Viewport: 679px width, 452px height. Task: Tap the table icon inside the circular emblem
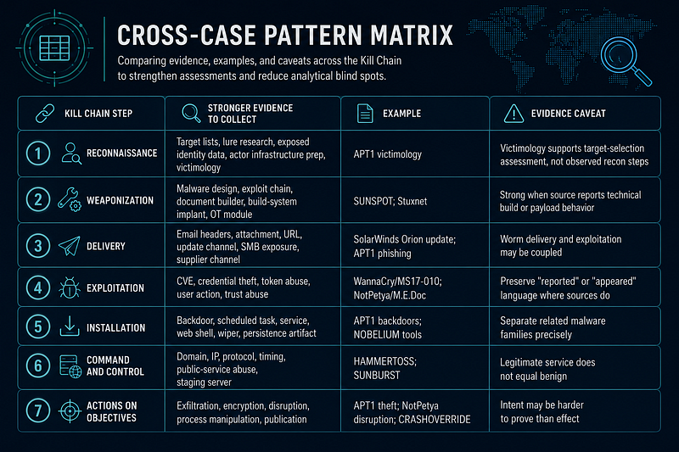coord(54,48)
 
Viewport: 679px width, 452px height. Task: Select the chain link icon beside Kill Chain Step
coord(45,114)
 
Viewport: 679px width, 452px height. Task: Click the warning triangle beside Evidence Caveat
coord(513,114)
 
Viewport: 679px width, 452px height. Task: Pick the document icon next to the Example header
coord(365,114)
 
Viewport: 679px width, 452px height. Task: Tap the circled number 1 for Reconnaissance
coord(38,153)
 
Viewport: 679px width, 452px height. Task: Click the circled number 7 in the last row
coord(38,411)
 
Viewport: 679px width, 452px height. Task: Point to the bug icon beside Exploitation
coord(70,287)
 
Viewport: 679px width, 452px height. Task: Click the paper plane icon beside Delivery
coord(70,246)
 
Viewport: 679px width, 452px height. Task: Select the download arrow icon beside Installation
coord(70,326)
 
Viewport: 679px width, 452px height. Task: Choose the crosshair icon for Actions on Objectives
coord(70,411)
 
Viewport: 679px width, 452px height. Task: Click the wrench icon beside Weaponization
coord(70,199)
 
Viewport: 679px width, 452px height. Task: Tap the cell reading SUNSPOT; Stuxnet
coord(390,201)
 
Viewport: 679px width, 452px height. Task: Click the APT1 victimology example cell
coord(388,154)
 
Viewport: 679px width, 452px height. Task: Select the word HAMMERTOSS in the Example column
coord(384,361)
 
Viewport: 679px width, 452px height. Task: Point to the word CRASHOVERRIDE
coord(435,420)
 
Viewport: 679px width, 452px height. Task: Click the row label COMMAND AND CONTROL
coord(115,366)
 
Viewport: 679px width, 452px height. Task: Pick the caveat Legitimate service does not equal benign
coord(547,369)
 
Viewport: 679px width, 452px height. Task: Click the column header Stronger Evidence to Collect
coord(250,114)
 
